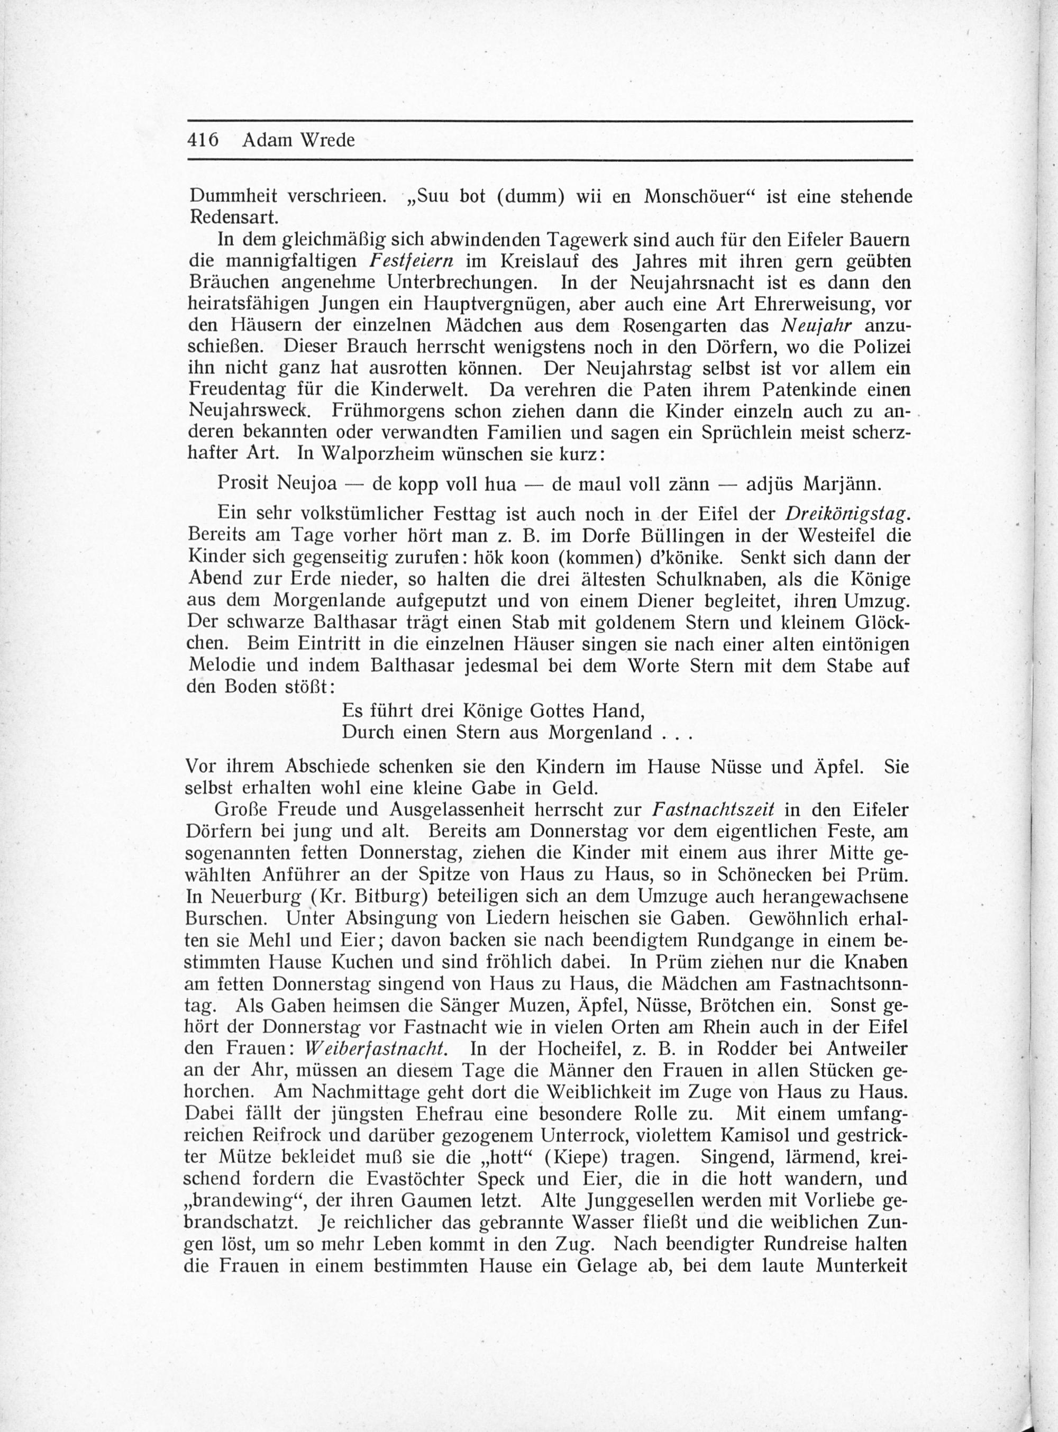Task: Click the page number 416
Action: click(203, 140)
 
